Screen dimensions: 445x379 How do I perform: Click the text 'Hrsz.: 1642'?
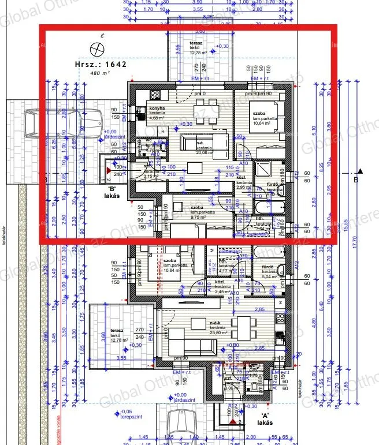tap(100, 65)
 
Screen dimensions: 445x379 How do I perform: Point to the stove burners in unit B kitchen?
tap(155, 95)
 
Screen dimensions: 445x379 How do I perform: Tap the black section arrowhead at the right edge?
tap(360, 171)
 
